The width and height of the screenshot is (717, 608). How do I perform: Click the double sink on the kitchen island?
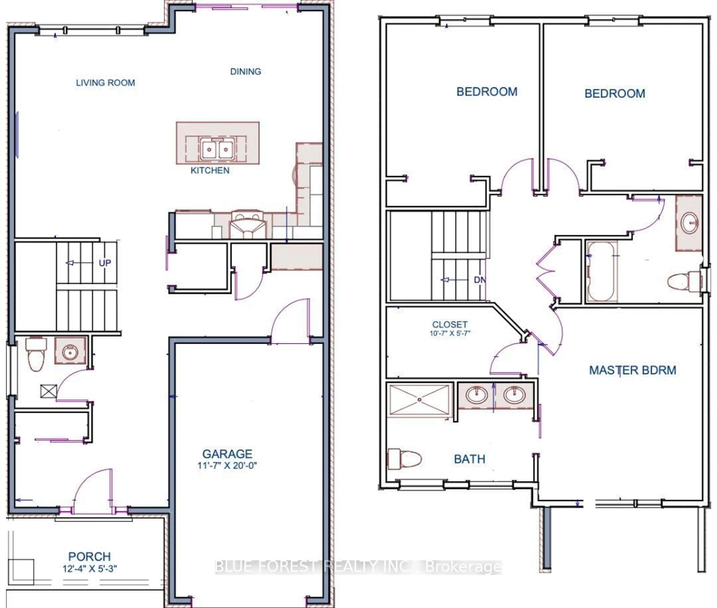(x=217, y=149)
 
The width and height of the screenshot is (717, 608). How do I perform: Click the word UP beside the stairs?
(x=105, y=263)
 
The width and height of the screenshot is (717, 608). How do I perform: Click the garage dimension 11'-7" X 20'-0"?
(x=227, y=466)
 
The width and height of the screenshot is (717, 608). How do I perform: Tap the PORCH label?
(x=89, y=557)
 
